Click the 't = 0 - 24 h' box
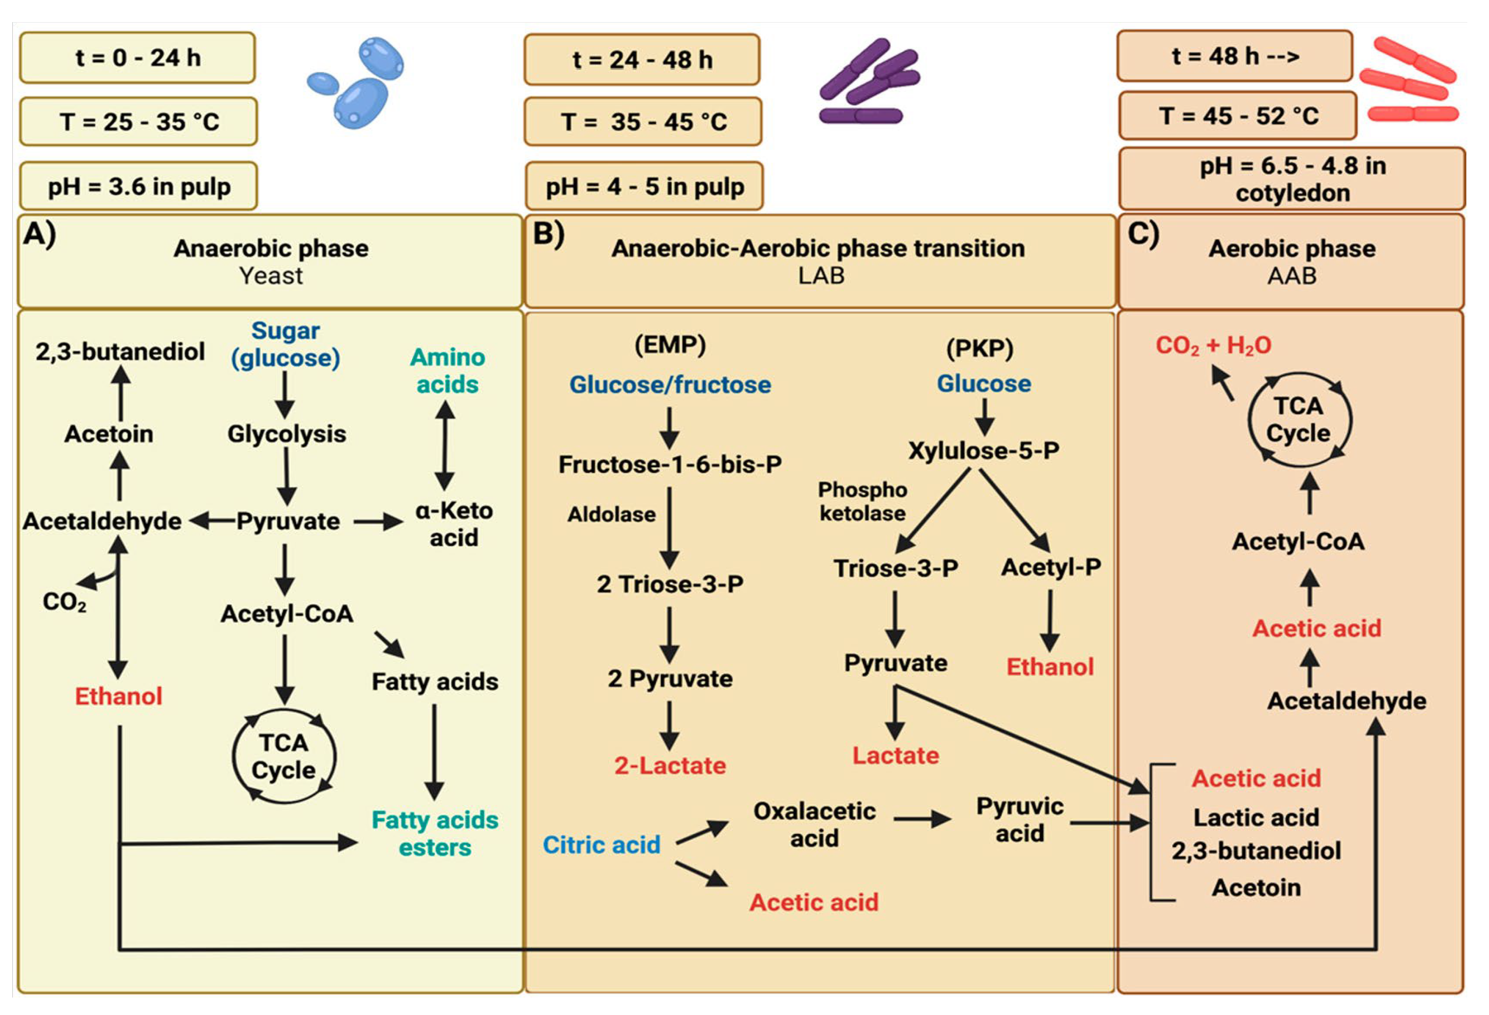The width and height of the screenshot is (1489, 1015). (137, 58)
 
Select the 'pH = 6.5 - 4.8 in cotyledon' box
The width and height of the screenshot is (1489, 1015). (1292, 179)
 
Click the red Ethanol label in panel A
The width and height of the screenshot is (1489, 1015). (119, 696)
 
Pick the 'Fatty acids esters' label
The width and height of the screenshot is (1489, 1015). (434, 834)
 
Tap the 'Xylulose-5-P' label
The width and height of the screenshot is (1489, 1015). (983, 451)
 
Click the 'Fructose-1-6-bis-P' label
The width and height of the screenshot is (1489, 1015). (670, 465)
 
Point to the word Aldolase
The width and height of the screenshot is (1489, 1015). (611, 514)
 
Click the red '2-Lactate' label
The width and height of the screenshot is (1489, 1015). (670, 766)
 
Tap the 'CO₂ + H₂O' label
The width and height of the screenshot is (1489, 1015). (1213, 345)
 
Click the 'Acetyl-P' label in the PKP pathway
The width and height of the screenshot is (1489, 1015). (1051, 567)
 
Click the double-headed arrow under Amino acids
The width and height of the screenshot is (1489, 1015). (445, 447)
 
